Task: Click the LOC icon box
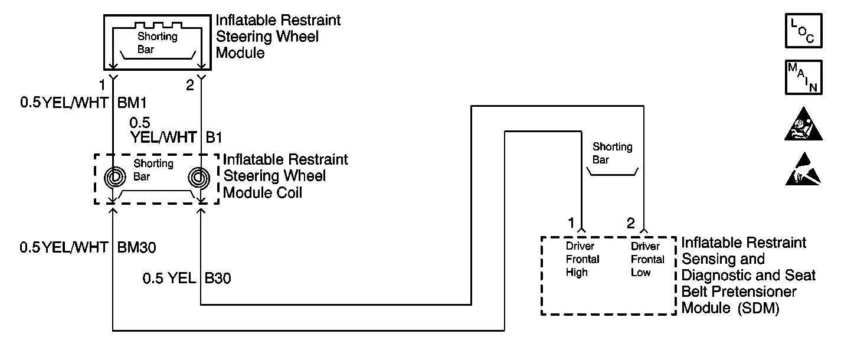click(x=803, y=30)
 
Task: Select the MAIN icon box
click(x=803, y=77)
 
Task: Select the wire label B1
click(x=214, y=138)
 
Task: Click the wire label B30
click(x=218, y=278)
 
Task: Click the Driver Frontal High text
click(x=583, y=259)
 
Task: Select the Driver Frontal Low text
click(x=647, y=259)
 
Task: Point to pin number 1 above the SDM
click(x=571, y=223)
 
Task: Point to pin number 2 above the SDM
click(x=631, y=223)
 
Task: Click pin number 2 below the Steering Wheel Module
click(x=190, y=86)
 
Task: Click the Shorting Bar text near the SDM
click(x=612, y=153)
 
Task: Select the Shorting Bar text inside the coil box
click(x=153, y=169)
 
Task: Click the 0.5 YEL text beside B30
click(x=169, y=278)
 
